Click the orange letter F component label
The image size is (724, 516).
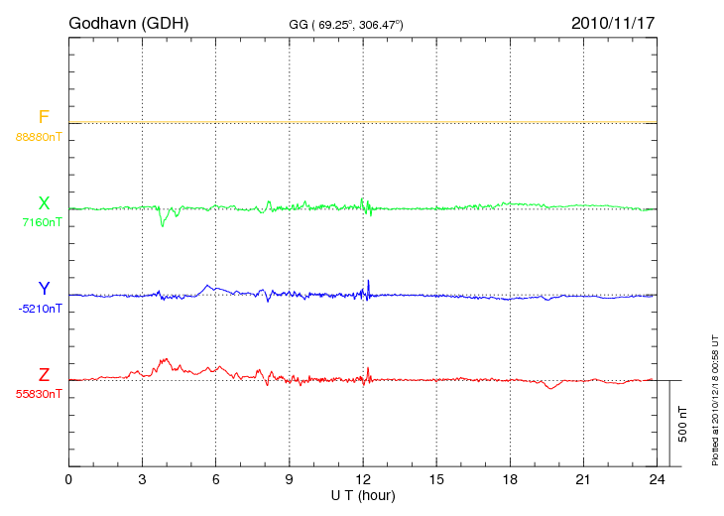(44, 118)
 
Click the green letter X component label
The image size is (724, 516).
(44, 203)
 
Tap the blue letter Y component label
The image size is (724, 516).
(44, 289)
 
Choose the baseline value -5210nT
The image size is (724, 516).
(40, 308)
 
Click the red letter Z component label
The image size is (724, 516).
(44, 374)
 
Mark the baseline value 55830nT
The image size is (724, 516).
(39, 393)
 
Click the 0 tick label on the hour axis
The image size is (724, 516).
(68, 480)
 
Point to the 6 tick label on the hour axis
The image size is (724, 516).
(216, 480)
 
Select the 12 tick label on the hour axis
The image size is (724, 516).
(363, 480)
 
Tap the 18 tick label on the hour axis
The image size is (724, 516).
(511, 480)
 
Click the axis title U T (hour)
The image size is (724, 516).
(363, 494)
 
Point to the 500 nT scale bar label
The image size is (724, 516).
(682, 424)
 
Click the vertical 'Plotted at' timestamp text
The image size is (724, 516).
(715, 397)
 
